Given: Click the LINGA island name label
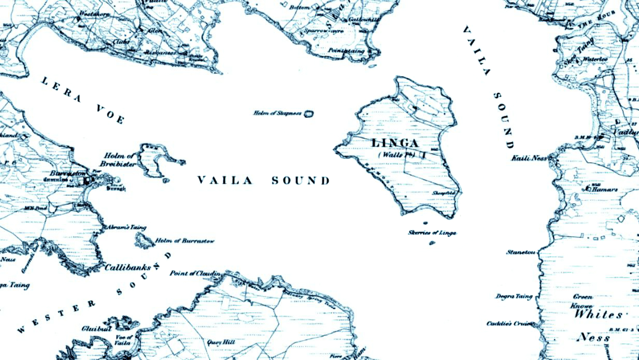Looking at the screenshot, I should tap(395, 143).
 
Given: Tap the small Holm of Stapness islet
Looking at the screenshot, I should tap(308, 114).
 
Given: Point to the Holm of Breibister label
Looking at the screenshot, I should tap(118, 160).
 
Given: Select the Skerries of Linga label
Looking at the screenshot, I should tap(432, 233).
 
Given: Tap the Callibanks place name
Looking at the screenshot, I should tap(128, 268).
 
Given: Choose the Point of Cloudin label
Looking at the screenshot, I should tap(195, 273).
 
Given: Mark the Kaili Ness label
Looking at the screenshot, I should tap(529, 158).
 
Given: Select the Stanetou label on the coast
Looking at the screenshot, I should tap(521, 252).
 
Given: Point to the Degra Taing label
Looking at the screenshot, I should tap(514, 296).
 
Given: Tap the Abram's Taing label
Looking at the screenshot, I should tap(126, 227).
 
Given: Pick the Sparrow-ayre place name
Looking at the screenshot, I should tap(324, 31).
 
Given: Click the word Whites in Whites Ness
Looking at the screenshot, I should tap(598, 315).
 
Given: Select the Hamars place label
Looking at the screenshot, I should tap(604, 189).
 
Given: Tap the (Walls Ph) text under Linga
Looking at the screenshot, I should tap(396, 155).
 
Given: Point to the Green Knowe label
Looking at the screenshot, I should tap(582, 301).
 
